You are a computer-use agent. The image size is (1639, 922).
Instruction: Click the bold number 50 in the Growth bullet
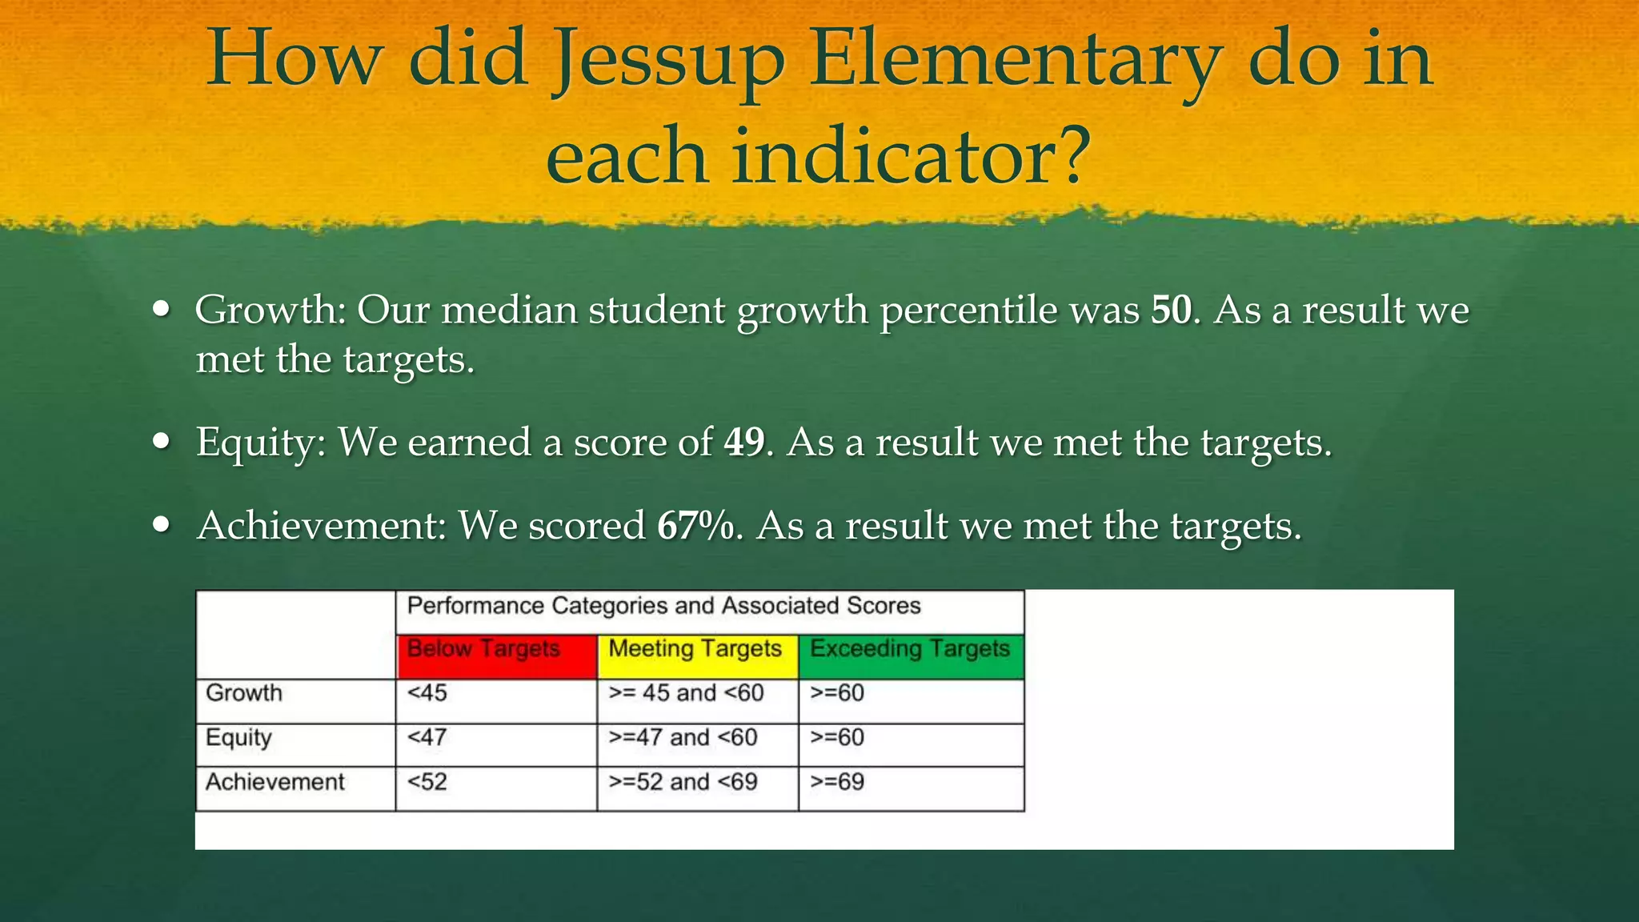pyautogui.click(x=1171, y=311)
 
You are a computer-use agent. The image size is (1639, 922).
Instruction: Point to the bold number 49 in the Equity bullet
pyautogui.click(x=743, y=443)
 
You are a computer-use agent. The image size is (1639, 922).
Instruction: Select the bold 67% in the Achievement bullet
pyautogui.click(x=695, y=527)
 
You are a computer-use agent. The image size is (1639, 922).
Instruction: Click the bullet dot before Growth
pyautogui.click(x=162, y=310)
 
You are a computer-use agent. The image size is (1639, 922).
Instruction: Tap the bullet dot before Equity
pyautogui.click(x=162, y=442)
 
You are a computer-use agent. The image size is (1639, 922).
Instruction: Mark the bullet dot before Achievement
pyautogui.click(x=162, y=526)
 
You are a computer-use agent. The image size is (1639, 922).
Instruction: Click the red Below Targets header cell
pyautogui.click(x=496, y=656)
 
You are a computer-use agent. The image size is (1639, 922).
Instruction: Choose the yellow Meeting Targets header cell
pyautogui.click(x=697, y=656)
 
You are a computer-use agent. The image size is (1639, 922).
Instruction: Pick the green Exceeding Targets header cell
pyautogui.click(x=911, y=656)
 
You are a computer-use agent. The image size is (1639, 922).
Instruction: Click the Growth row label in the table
pyautogui.click(x=244, y=693)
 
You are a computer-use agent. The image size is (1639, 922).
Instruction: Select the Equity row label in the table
pyautogui.click(x=238, y=738)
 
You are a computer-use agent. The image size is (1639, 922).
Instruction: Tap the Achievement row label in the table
pyautogui.click(x=275, y=782)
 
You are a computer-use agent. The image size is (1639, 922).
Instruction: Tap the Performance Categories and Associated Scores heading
pyautogui.click(x=663, y=606)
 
